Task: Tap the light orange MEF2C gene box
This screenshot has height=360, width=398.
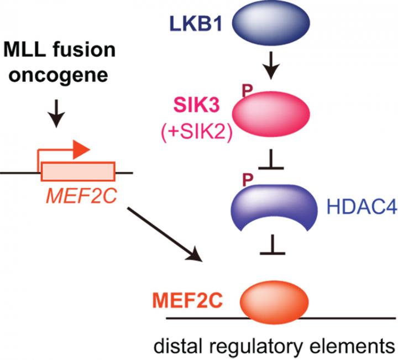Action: click(x=77, y=172)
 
